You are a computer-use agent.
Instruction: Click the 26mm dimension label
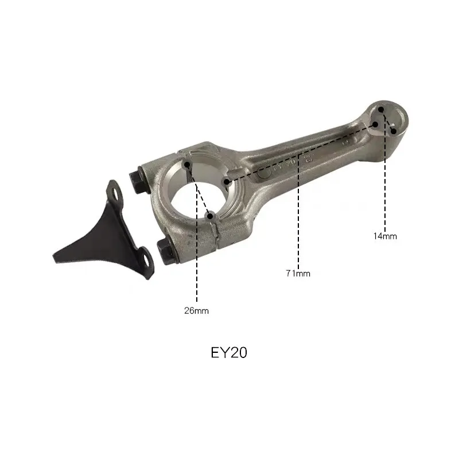196,311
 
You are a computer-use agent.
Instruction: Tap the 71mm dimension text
298,274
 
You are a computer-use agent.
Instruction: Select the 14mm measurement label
384,235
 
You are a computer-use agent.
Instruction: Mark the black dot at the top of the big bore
187,165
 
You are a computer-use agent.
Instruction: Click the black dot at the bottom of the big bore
211,216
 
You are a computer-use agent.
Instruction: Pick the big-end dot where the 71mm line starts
227,182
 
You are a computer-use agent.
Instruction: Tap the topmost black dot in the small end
383,110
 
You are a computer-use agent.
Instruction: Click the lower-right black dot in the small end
394,131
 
